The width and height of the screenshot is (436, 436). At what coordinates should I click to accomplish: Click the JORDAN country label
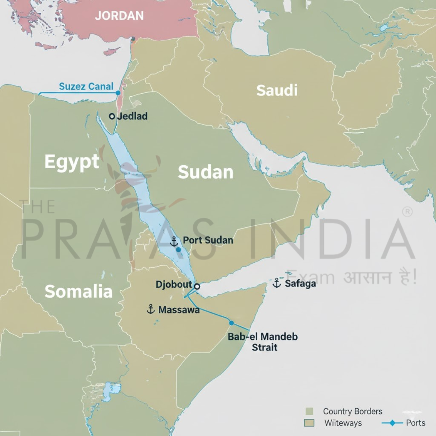(119, 16)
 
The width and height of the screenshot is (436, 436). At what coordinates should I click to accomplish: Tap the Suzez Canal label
(86, 86)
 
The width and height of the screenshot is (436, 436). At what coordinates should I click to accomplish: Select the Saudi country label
(277, 90)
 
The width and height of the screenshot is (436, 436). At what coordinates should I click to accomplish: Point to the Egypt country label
(72, 162)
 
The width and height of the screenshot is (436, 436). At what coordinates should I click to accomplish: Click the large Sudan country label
(205, 172)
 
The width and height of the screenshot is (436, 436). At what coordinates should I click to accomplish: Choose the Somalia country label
(78, 291)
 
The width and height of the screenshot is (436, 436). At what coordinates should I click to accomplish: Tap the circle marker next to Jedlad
(112, 116)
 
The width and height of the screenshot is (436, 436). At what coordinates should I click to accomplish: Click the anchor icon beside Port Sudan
(174, 241)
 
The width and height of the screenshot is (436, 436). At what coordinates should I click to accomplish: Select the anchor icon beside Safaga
(277, 283)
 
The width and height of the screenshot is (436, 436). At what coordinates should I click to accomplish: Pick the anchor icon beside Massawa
(151, 310)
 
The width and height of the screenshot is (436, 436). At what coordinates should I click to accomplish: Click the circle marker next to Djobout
(197, 286)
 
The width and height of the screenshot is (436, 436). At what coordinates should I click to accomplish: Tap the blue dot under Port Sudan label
(178, 250)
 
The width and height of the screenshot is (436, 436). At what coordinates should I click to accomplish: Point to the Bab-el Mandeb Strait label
(263, 342)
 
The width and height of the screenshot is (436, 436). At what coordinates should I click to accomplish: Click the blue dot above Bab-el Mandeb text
(231, 323)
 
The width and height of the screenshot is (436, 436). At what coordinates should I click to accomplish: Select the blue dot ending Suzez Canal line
(118, 93)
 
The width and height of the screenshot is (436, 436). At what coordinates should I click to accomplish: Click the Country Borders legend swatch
(309, 411)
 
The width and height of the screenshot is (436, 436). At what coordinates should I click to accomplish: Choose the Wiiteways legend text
(343, 423)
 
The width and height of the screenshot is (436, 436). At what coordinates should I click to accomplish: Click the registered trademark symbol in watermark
(408, 212)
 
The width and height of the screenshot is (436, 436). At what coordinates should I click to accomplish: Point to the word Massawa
(179, 310)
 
